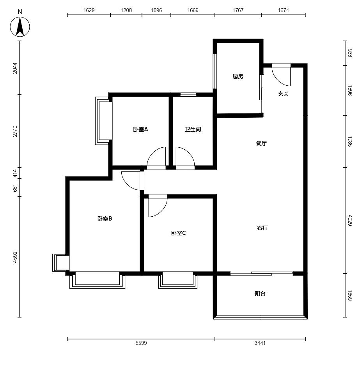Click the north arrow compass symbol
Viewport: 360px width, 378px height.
(x=20, y=27)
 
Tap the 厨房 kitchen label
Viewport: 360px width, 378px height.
(x=238, y=76)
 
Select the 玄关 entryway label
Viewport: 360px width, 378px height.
(x=283, y=94)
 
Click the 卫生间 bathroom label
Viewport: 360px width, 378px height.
(x=193, y=129)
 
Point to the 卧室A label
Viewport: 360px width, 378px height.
(x=141, y=129)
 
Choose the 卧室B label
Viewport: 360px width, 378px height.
(x=105, y=219)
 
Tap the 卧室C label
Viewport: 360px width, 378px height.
(x=179, y=233)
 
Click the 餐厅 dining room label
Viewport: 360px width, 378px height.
(x=261, y=143)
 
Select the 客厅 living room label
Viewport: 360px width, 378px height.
(x=262, y=228)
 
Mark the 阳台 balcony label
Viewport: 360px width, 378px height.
(x=260, y=293)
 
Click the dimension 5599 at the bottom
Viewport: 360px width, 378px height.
(x=141, y=343)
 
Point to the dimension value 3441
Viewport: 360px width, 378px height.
(x=260, y=343)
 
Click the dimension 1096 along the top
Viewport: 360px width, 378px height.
(x=156, y=10)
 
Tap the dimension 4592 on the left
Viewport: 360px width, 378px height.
(x=15, y=257)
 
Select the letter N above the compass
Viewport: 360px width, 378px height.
(x=20, y=12)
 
